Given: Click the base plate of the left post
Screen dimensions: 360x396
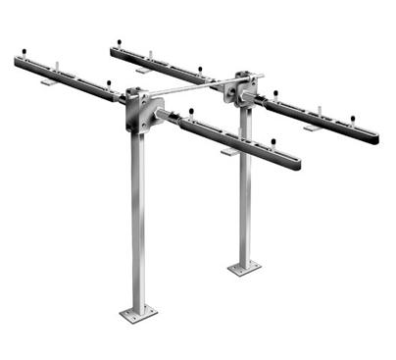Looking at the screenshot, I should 138,313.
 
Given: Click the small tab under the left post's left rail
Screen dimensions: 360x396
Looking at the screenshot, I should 47,81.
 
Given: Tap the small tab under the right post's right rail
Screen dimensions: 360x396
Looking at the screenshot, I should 312,128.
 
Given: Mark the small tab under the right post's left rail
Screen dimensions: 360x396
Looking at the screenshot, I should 143,70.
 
